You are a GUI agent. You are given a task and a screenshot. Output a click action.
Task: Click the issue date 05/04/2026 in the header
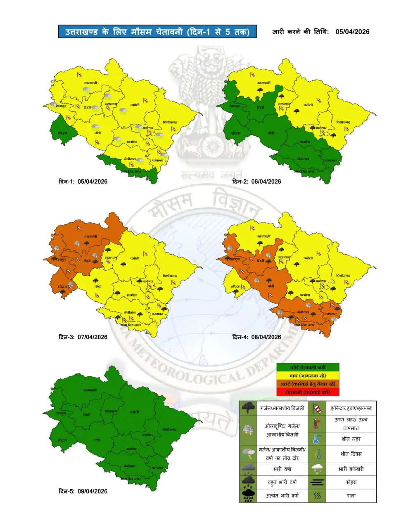352,32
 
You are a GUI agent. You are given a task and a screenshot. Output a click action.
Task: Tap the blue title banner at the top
157,32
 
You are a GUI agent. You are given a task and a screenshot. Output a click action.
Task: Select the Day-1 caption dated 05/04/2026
83,182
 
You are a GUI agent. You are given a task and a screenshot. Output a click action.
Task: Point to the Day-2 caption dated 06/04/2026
256,182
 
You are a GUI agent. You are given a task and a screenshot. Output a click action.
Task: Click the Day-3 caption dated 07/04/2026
83,337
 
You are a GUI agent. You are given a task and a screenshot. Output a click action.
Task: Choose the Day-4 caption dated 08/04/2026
256,337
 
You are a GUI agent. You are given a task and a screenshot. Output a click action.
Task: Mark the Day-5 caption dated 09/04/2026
83,491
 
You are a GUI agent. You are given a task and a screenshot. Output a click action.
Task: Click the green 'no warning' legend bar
308,367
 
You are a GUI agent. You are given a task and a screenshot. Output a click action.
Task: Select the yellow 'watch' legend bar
308,376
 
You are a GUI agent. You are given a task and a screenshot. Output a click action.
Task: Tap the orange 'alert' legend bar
308,384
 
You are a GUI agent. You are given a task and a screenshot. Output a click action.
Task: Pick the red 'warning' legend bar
308,392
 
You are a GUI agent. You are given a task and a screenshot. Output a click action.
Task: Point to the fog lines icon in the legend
317,482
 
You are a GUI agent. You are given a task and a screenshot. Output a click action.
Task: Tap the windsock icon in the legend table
317,409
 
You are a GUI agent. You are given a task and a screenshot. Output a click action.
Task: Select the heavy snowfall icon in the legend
317,469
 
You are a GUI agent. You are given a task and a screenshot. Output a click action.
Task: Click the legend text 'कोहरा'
351,482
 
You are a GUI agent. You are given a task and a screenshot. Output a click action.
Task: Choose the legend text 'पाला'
351,496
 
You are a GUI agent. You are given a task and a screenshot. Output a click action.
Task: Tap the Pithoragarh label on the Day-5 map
170,430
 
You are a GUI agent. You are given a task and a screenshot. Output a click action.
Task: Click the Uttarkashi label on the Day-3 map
90,237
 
